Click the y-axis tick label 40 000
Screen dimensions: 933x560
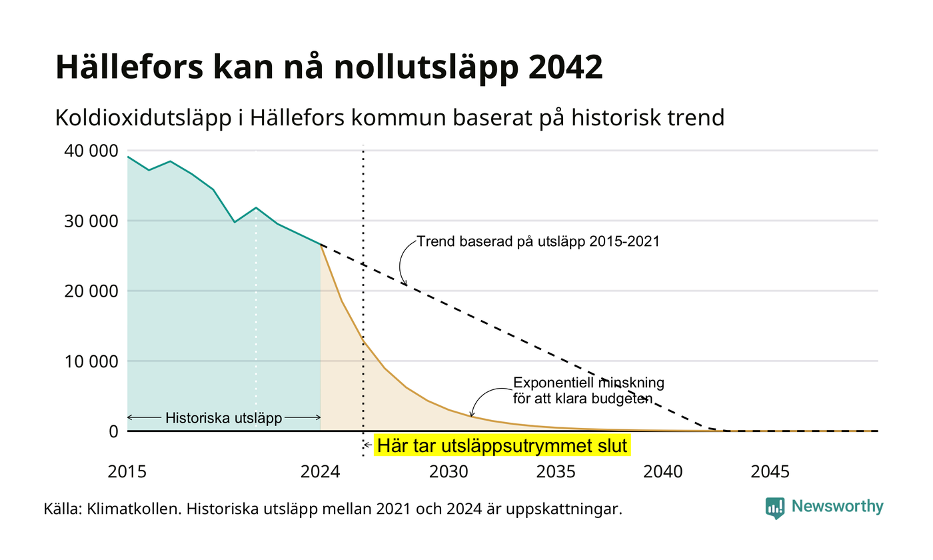click(91, 151)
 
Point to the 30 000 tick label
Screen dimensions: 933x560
click(91, 221)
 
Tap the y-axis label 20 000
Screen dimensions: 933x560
click(91, 291)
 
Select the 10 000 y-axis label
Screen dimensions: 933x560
click(91, 361)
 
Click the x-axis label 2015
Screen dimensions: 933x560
click(127, 472)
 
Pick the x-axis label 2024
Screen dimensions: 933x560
click(321, 472)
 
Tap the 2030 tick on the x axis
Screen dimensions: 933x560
click(449, 472)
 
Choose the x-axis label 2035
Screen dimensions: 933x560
click(556, 472)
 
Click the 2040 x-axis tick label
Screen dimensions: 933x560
click(663, 472)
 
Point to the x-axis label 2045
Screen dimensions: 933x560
click(770, 472)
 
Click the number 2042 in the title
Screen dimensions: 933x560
click(566, 67)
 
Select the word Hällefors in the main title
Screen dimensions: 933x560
click(129, 66)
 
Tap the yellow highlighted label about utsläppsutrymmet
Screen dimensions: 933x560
click(502, 445)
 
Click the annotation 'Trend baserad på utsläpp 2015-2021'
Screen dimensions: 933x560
click(538, 241)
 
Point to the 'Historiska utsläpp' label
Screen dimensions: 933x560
click(224, 418)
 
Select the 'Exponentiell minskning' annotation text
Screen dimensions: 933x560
click(588, 383)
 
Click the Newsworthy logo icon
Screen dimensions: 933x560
click(774, 508)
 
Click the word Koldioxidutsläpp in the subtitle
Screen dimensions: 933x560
click(143, 118)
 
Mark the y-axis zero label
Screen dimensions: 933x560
click(113, 431)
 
